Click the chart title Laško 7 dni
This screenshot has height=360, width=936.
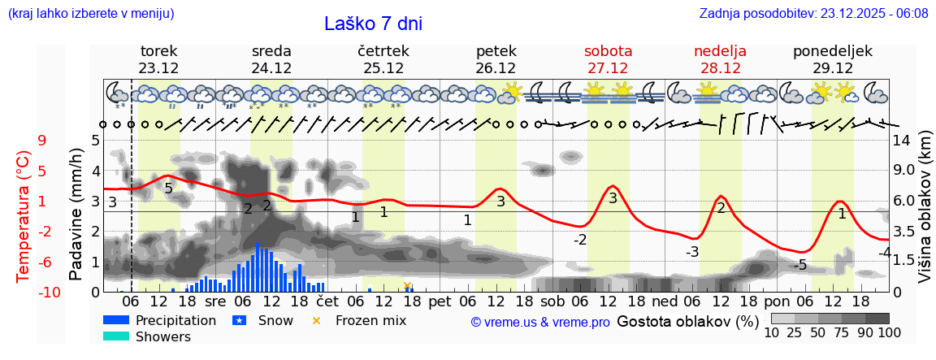(373, 24)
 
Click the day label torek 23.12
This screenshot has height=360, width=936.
(158, 59)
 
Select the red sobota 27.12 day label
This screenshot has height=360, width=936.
(608, 59)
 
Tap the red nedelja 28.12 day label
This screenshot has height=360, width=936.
(720, 59)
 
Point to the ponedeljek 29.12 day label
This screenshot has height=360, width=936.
(833, 59)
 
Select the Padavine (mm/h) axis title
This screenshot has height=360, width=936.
(76, 215)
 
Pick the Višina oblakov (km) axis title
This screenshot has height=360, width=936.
(925, 215)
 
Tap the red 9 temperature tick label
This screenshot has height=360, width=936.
(41, 141)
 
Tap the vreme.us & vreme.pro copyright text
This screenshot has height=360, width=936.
(540, 322)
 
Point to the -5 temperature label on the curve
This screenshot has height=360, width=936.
(800, 265)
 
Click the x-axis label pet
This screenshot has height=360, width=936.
(440, 301)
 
